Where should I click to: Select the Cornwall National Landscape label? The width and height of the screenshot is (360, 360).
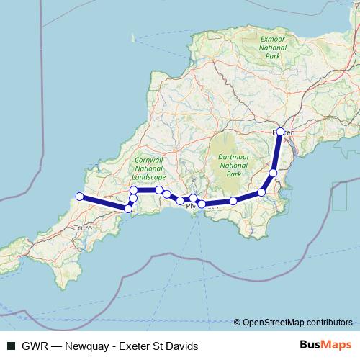click(x=150, y=167)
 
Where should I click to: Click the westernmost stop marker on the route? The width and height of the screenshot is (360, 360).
click(x=78, y=196)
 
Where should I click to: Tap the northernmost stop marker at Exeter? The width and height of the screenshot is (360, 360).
click(x=281, y=132)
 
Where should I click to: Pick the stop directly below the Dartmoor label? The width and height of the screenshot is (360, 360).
click(x=233, y=201)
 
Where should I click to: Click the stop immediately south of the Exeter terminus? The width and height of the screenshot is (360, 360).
click(x=273, y=172)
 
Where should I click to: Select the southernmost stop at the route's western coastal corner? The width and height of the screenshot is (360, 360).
click(x=128, y=209)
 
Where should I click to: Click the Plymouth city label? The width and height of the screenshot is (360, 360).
click(x=196, y=206)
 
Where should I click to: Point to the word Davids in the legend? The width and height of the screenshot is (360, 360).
click(x=181, y=346)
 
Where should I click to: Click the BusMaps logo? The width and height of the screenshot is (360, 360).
click(x=327, y=346)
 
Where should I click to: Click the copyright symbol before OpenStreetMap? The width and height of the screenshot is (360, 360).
click(x=238, y=322)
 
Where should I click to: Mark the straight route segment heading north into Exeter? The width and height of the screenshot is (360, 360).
click(x=277, y=152)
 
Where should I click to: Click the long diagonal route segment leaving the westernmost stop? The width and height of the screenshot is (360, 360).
click(x=103, y=202)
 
